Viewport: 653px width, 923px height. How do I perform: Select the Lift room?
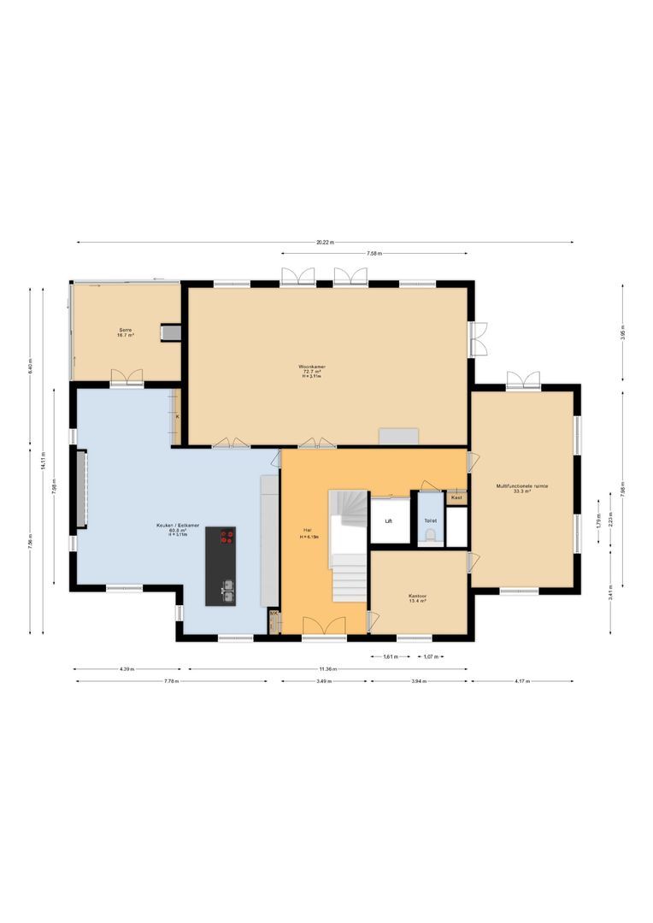[x=388, y=520]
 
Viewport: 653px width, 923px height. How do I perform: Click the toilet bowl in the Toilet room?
[x=431, y=535]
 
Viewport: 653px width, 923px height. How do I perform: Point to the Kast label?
[x=456, y=497]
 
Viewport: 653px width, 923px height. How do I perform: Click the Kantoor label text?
[x=417, y=597]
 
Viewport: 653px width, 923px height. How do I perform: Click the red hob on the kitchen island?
[x=226, y=537]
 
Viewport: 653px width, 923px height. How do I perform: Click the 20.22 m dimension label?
[x=325, y=243]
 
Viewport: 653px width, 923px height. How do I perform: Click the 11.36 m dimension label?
[x=327, y=669]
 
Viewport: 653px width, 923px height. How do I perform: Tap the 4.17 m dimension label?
[x=522, y=681]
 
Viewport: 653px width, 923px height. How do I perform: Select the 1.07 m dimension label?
[x=431, y=656]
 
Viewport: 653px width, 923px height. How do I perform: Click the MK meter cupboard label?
[x=274, y=614]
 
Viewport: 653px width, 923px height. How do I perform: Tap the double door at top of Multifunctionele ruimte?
[x=523, y=380]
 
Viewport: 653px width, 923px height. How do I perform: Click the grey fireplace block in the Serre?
[x=171, y=332]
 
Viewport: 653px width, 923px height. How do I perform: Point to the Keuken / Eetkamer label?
[x=178, y=529]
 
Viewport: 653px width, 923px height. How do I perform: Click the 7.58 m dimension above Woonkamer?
[x=374, y=254]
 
